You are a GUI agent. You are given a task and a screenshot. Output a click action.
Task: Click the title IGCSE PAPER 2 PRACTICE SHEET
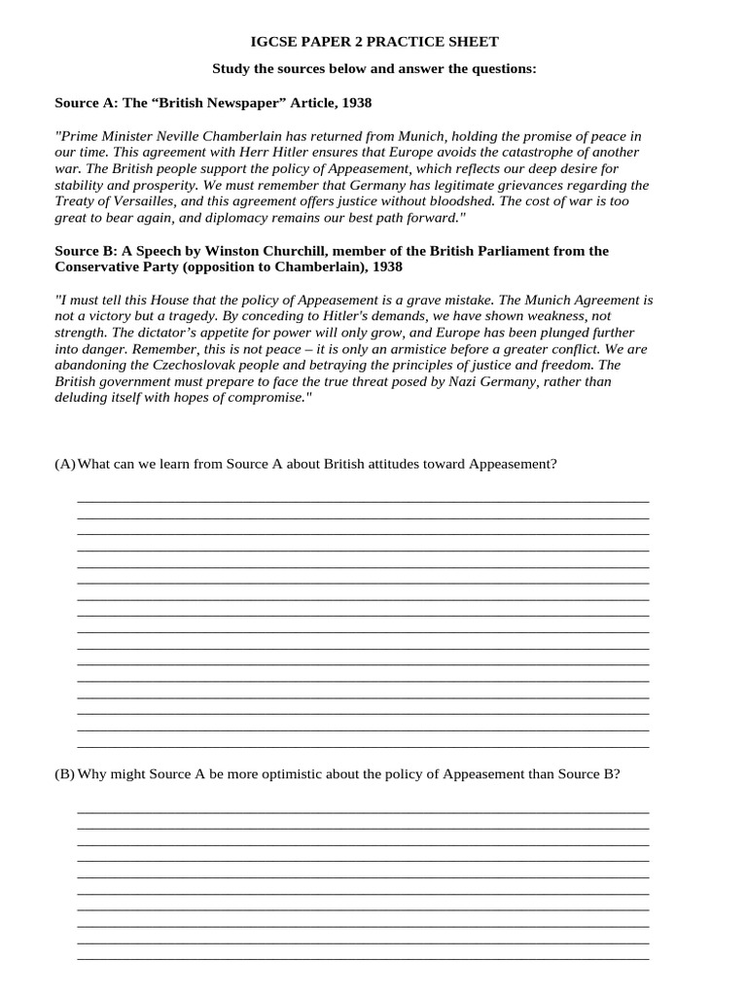coord(373,42)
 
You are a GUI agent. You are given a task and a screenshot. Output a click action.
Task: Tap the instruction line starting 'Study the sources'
coord(373,69)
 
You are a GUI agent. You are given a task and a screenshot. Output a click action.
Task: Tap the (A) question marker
coord(64,464)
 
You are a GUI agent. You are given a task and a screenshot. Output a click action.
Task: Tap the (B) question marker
coord(64,774)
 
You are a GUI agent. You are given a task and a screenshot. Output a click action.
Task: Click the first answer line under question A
coord(363,500)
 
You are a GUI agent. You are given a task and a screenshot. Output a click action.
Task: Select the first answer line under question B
coord(363,811)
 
